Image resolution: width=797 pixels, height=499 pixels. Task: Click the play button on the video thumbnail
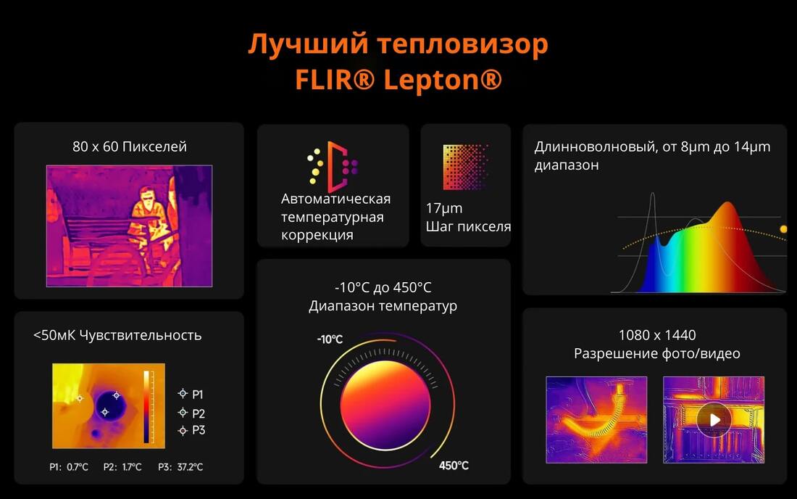pos(714,419)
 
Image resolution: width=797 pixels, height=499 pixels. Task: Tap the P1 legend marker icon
pos(183,394)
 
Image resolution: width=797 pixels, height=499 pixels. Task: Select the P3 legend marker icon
pos(183,430)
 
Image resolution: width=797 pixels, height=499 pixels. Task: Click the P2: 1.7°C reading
pos(122,467)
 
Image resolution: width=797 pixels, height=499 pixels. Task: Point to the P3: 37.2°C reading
pos(180,467)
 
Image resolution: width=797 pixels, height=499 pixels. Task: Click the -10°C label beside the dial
pos(330,339)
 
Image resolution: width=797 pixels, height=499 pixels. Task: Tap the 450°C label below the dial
pos(454,466)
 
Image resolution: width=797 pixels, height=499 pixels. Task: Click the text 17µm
pos(443,209)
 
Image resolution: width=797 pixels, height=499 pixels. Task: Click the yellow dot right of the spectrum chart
pos(783,229)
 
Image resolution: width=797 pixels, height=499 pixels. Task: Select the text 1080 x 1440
pos(656,335)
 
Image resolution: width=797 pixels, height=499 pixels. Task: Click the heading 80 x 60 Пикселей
pos(130,147)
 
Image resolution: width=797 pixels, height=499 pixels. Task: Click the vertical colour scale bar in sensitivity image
pos(146,406)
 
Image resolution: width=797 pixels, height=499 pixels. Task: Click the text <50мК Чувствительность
pos(117,335)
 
